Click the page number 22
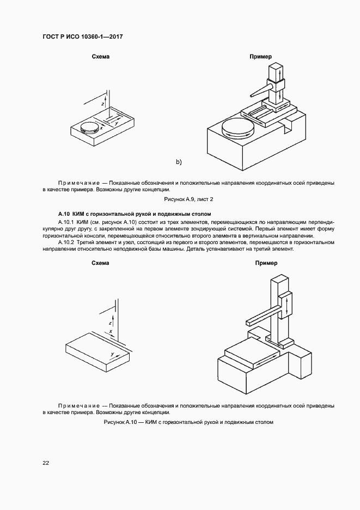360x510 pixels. (46, 463)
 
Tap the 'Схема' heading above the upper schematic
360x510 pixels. (101, 57)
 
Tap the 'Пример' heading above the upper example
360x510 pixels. (260, 57)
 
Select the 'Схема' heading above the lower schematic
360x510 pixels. (101, 263)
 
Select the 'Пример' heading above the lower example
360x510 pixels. (266, 263)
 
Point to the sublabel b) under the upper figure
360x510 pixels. (178, 162)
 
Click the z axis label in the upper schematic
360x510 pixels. (102, 102)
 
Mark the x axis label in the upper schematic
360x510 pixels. (101, 128)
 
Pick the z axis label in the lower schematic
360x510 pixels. (109, 323)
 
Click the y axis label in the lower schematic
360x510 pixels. (112, 354)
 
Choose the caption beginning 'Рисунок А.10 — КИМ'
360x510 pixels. (188, 422)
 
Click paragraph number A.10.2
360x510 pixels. (65, 241)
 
